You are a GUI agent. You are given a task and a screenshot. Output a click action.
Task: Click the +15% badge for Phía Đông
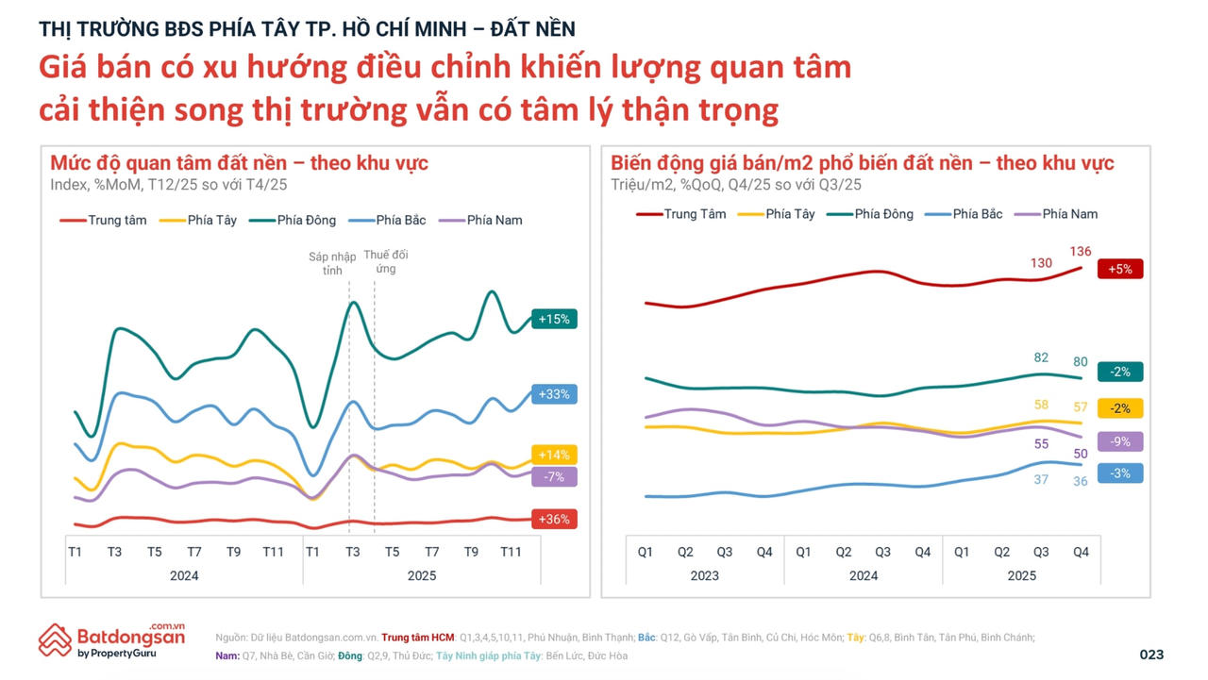tap(554, 319)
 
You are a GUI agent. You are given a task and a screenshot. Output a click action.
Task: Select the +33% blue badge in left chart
tap(554, 394)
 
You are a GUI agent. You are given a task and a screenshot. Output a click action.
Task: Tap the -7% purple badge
tap(554, 477)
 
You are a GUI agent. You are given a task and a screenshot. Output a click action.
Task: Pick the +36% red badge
tap(554, 519)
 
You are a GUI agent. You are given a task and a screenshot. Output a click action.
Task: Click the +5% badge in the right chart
tap(1120, 269)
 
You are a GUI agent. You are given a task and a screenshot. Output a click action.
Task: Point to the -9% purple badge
tap(1120, 441)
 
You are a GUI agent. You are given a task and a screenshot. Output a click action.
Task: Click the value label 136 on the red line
tap(1081, 251)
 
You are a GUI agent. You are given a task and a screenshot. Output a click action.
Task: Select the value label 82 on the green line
tap(1041, 357)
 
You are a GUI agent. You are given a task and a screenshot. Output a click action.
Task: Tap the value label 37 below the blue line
tap(1041, 479)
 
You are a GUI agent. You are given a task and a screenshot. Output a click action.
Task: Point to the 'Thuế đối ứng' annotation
tap(385, 262)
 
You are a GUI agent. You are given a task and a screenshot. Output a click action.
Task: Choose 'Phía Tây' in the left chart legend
tap(211, 220)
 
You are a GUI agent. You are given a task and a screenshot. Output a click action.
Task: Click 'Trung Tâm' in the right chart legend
tap(695, 214)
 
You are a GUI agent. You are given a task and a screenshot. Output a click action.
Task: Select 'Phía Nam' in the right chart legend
tap(1069, 214)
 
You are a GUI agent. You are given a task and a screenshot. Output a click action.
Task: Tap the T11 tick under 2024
tap(273, 552)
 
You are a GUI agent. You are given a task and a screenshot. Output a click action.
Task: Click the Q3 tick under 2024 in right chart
tap(882, 552)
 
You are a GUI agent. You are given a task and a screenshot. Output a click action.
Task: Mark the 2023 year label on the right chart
tap(704, 575)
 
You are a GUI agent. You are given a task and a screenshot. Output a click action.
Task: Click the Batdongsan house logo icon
tap(55, 639)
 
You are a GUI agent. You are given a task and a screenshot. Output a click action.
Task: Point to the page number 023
tap(1151, 655)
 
